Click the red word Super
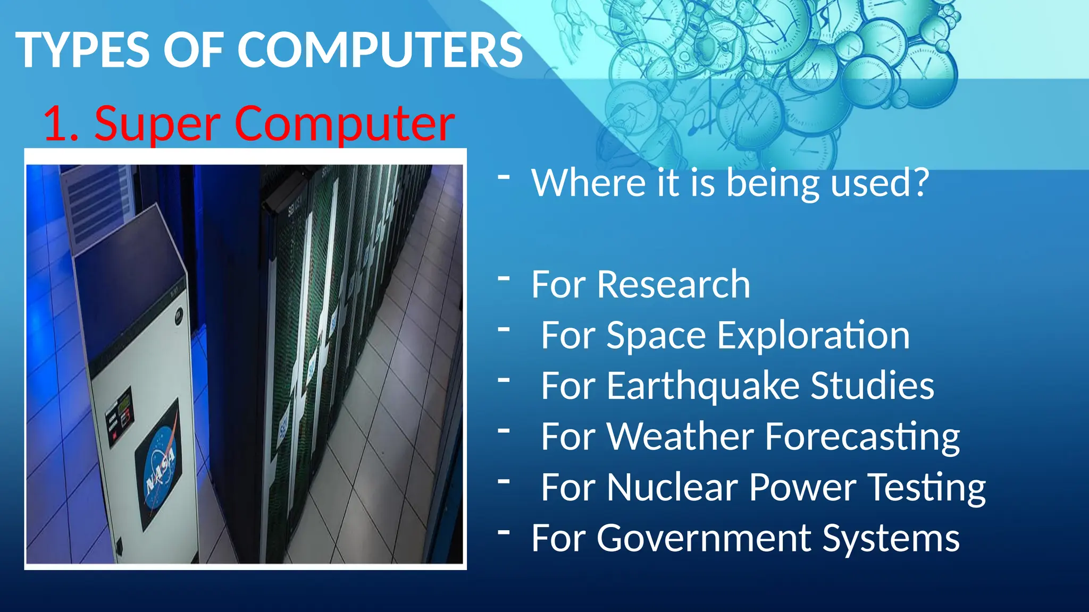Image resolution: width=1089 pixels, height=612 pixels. click(157, 124)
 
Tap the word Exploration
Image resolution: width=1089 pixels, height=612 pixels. click(813, 336)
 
